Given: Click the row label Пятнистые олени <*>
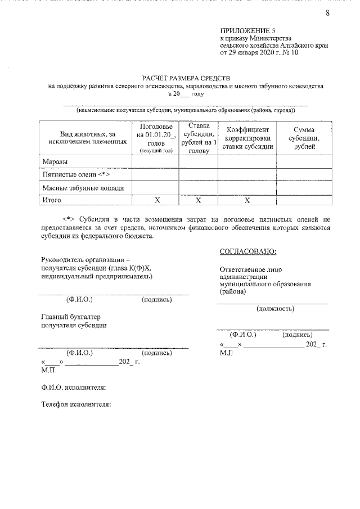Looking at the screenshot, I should click(x=71, y=175).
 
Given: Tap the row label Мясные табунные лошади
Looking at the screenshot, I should click(x=83, y=188).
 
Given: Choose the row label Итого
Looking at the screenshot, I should click(x=53, y=200).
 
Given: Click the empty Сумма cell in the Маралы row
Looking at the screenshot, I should click(x=304, y=162).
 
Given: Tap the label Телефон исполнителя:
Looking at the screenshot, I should click(x=77, y=403).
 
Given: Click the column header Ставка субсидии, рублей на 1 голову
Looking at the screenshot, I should click(x=199, y=138).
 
